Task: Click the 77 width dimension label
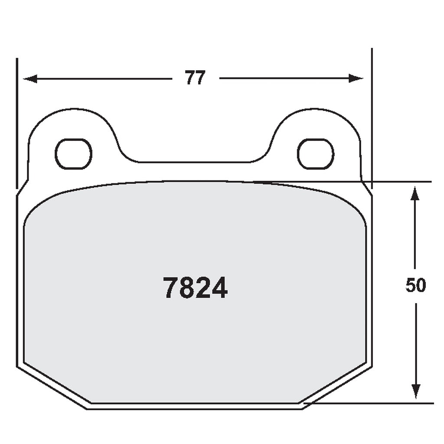point(195,78)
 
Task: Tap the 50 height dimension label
point(415,285)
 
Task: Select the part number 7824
point(195,287)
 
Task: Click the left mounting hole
point(73,154)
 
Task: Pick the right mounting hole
point(315,154)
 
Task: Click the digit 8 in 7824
point(186,287)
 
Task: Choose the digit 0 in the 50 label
point(421,285)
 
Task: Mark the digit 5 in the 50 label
point(410,285)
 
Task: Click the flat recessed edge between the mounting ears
point(194,162)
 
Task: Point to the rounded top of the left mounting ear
point(73,109)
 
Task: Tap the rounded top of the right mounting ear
point(316,109)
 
